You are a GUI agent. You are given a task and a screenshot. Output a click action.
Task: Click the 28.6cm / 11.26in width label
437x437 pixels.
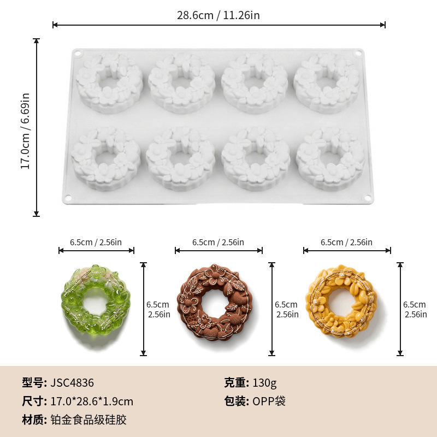pyautogui.click(x=218, y=15)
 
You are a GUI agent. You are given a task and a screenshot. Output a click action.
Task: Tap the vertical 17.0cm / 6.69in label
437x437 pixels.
pyautogui.click(x=25, y=131)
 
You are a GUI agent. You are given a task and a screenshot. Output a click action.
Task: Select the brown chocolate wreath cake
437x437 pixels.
pyautogui.click(x=215, y=302)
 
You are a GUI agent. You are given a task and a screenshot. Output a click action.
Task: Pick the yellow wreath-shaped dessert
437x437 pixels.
pyautogui.click(x=341, y=302)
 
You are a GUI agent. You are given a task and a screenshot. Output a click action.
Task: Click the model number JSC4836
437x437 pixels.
pyautogui.click(x=72, y=383)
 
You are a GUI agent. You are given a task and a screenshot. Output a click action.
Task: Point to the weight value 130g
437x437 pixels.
pyautogui.click(x=264, y=383)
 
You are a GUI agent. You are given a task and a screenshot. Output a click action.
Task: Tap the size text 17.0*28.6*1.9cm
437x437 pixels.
pyautogui.click(x=92, y=401)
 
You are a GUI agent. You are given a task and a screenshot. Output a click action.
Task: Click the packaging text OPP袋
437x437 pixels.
pyautogui.click(x=269, y=401)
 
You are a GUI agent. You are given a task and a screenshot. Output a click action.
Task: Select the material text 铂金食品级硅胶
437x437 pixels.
pyautogui.click(x=88, y=420)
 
